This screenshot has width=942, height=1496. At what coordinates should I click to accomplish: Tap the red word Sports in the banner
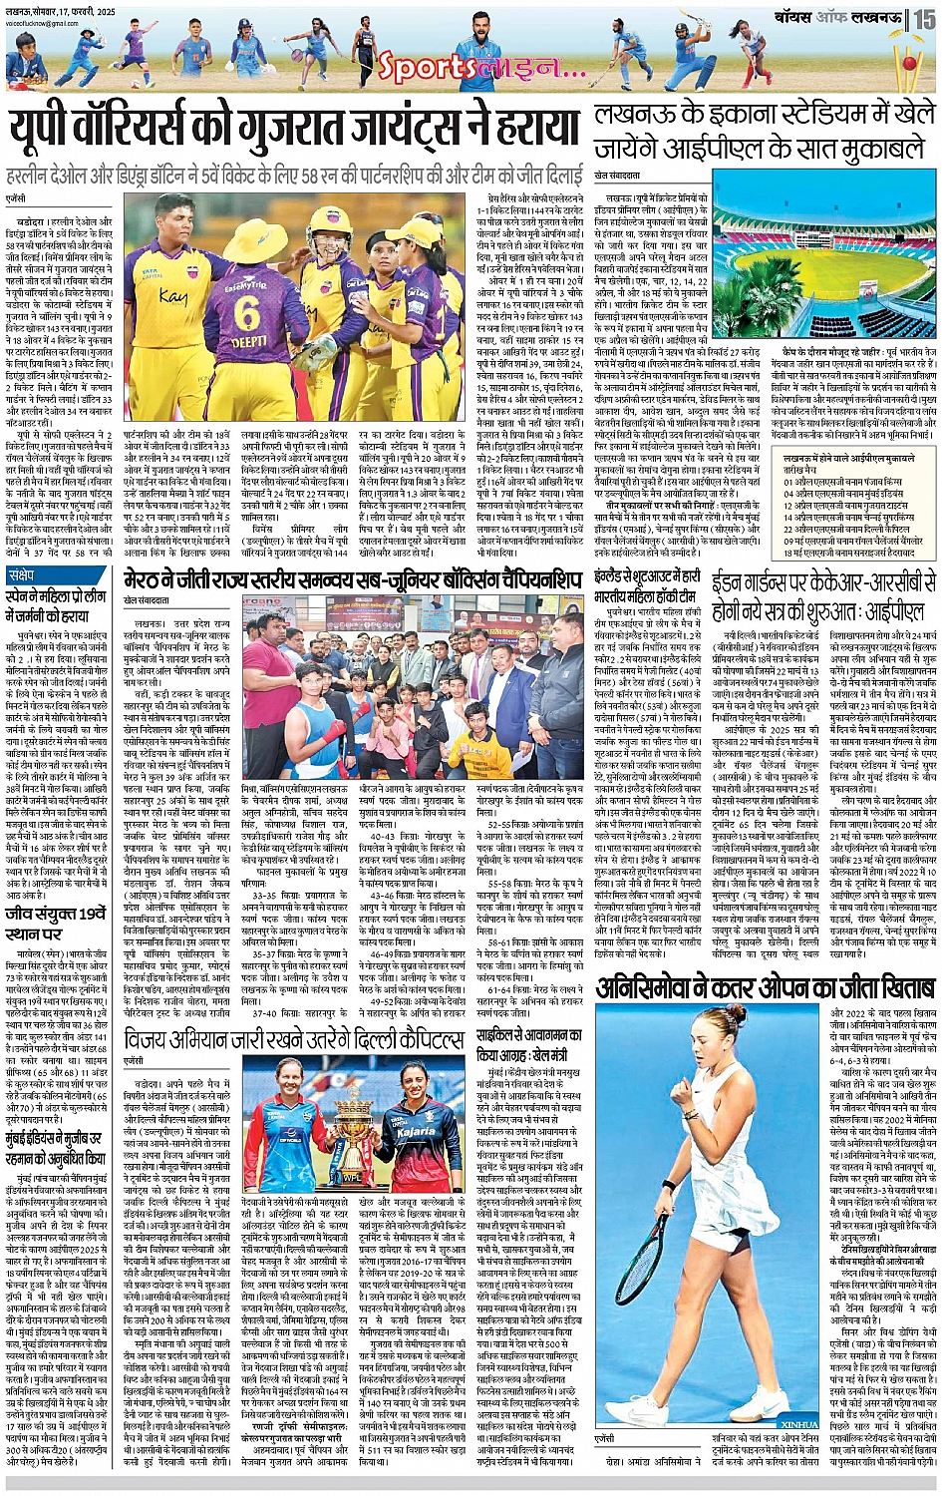click(416, 68)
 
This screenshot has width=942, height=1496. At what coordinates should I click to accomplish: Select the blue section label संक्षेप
click(21, 575)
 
